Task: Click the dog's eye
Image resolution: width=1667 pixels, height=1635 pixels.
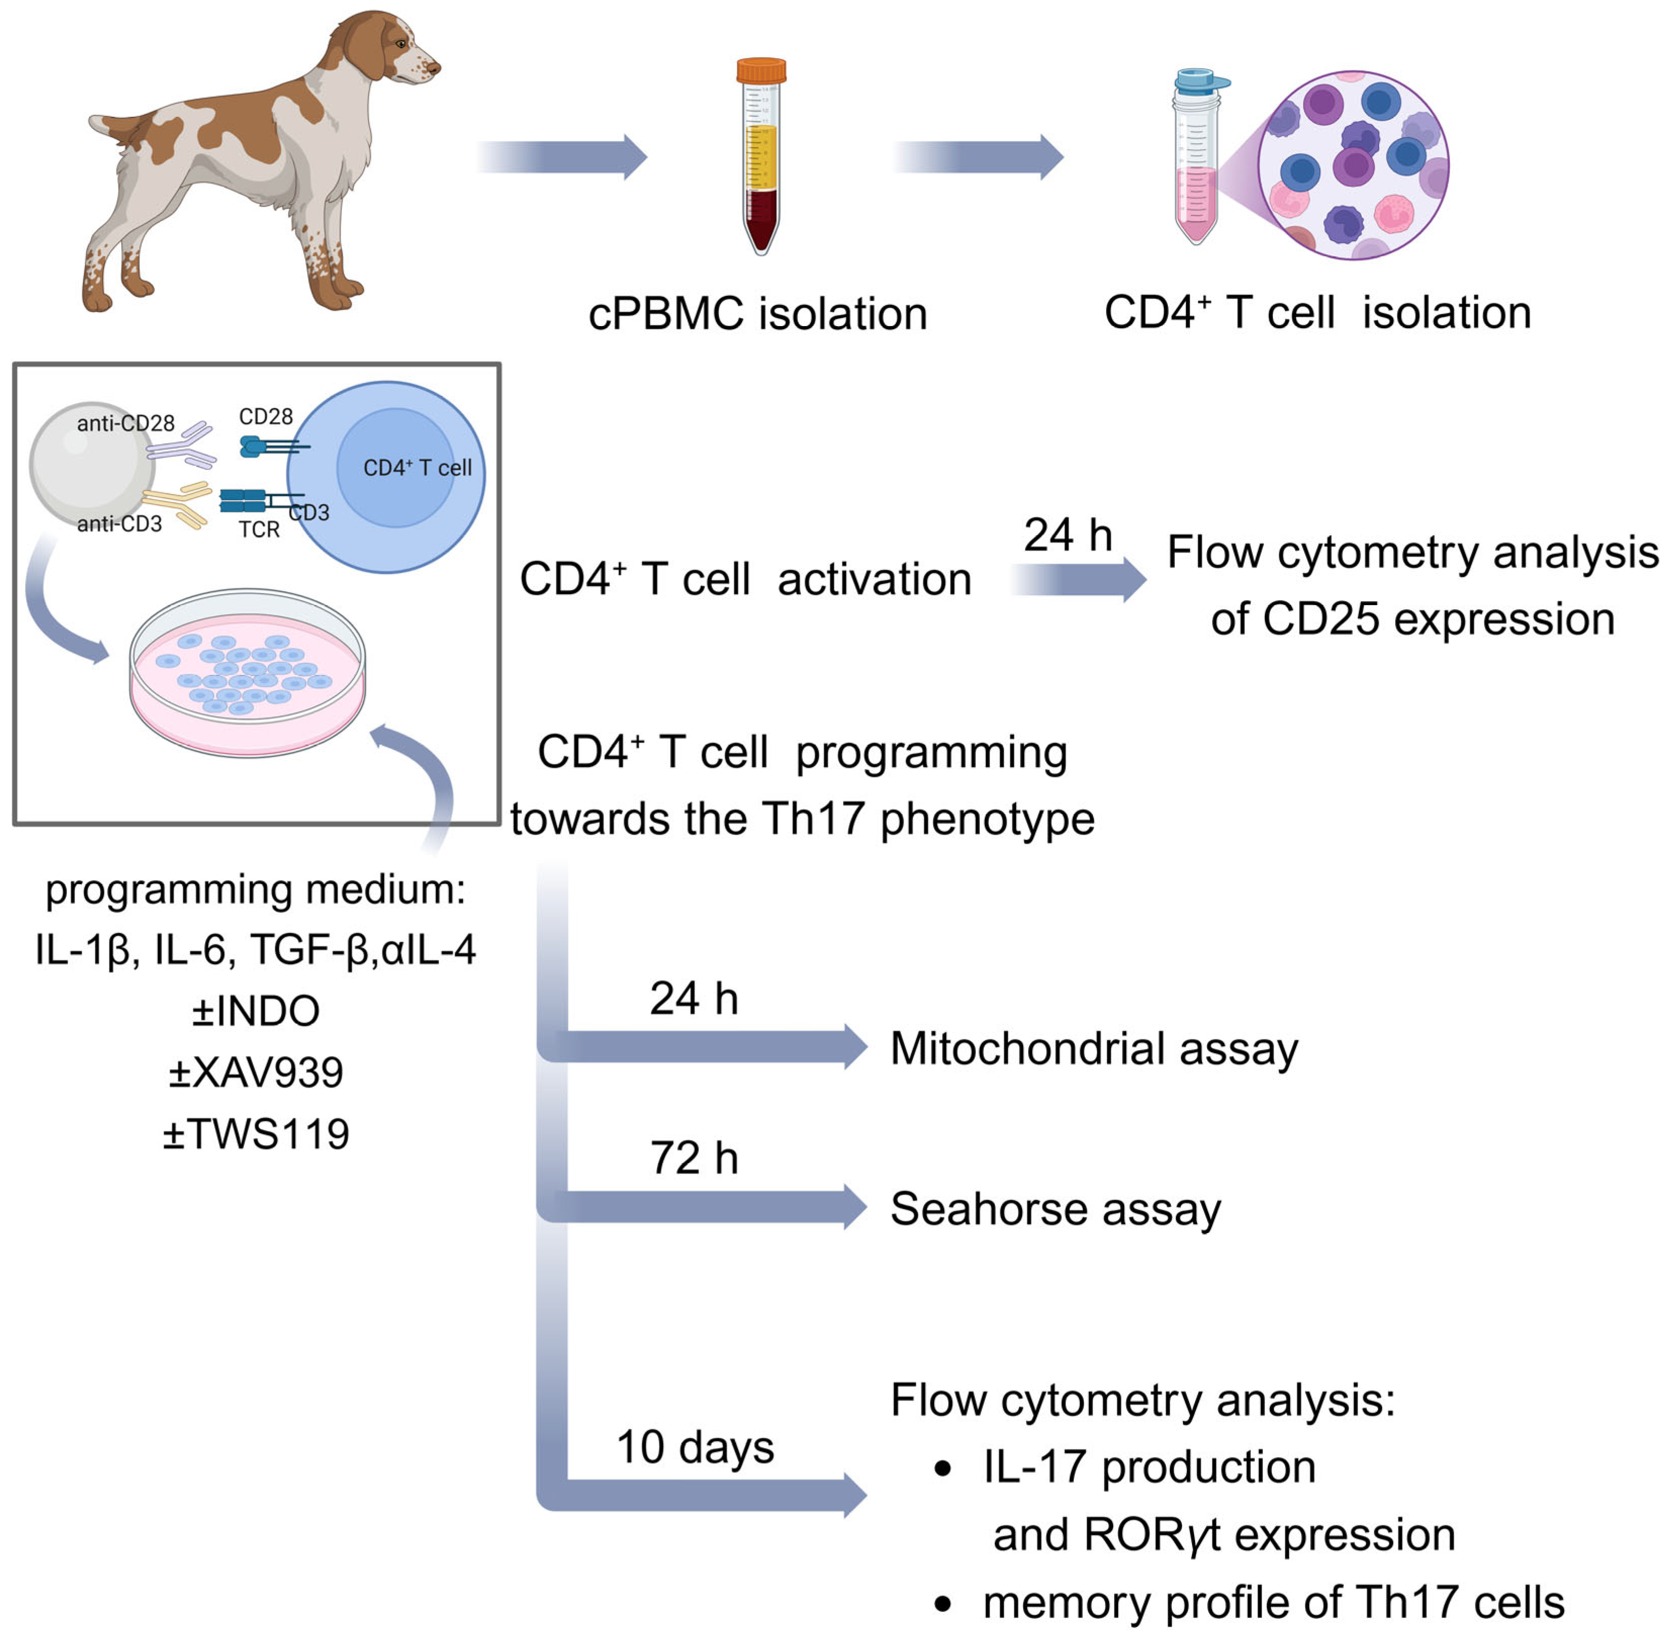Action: [x=401, y=43]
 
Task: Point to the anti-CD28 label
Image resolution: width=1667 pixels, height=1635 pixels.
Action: [x=125, y=423]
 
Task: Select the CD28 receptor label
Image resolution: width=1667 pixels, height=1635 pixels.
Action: [x=265, y=417]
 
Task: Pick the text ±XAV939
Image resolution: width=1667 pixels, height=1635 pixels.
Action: [x=256, y=1072]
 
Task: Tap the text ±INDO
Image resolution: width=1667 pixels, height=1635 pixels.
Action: [x=256, y=1011]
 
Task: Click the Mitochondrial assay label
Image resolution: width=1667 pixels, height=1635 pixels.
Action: [x=1093, y=1049]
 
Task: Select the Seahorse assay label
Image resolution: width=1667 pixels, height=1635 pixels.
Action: [x=1055, y=1209]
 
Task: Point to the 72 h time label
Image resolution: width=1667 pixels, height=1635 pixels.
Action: [x=694, y=1158]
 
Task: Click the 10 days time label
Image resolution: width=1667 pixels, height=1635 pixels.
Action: [x=695, y=1447]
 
